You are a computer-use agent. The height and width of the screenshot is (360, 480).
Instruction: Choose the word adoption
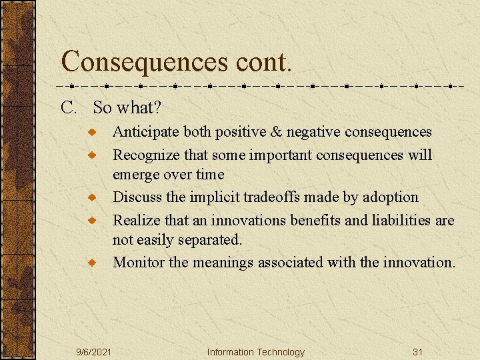[393, 198]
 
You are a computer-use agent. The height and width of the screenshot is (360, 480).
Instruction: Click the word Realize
[136, 220]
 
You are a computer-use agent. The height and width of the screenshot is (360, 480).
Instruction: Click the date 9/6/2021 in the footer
[93, 352]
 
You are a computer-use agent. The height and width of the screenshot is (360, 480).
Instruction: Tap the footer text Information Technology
[255, 352]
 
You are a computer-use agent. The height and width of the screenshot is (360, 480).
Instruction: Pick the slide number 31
[418, 352]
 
